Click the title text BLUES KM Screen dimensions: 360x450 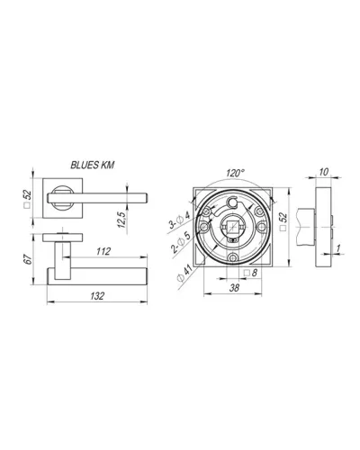93,166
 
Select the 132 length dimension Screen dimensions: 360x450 97,296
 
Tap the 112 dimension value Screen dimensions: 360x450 103,251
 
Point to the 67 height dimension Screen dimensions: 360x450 28,259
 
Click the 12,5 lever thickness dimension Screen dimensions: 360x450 121,219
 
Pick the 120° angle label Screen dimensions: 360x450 236,173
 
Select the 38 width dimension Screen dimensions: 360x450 234,288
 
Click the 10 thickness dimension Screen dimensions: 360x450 324,172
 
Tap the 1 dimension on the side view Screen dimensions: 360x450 338,248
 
